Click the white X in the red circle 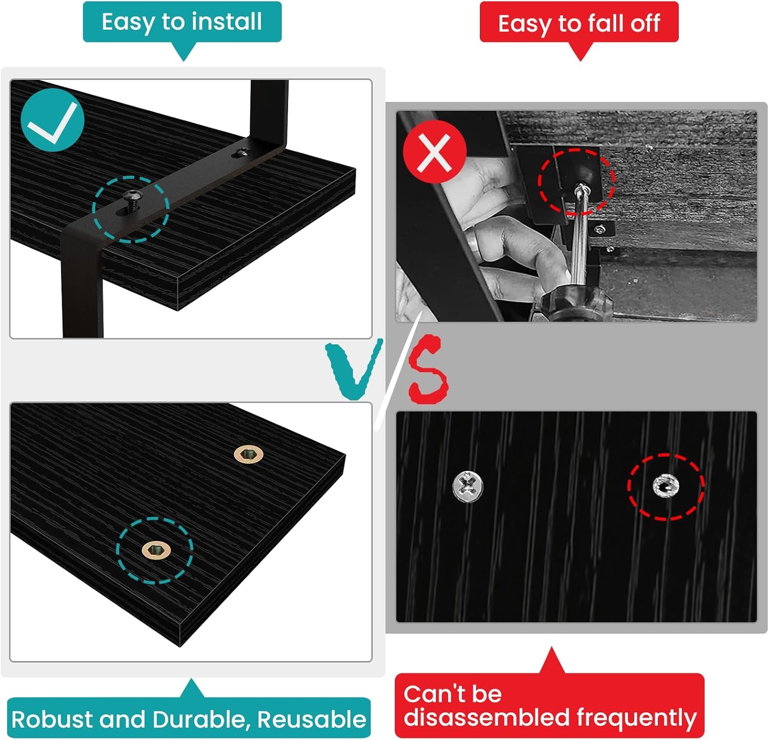coord(434,152)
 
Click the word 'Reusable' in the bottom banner coord(312,719)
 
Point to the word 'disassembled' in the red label coord(488,717)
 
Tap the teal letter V coord(354,369)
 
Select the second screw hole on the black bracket coord(241,153)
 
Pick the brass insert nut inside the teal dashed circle coord(155,550)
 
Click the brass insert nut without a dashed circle coord(249,454)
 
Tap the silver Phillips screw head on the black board coord(468,485)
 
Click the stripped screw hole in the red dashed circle coord(666,486)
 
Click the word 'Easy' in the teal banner coord(129,23)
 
